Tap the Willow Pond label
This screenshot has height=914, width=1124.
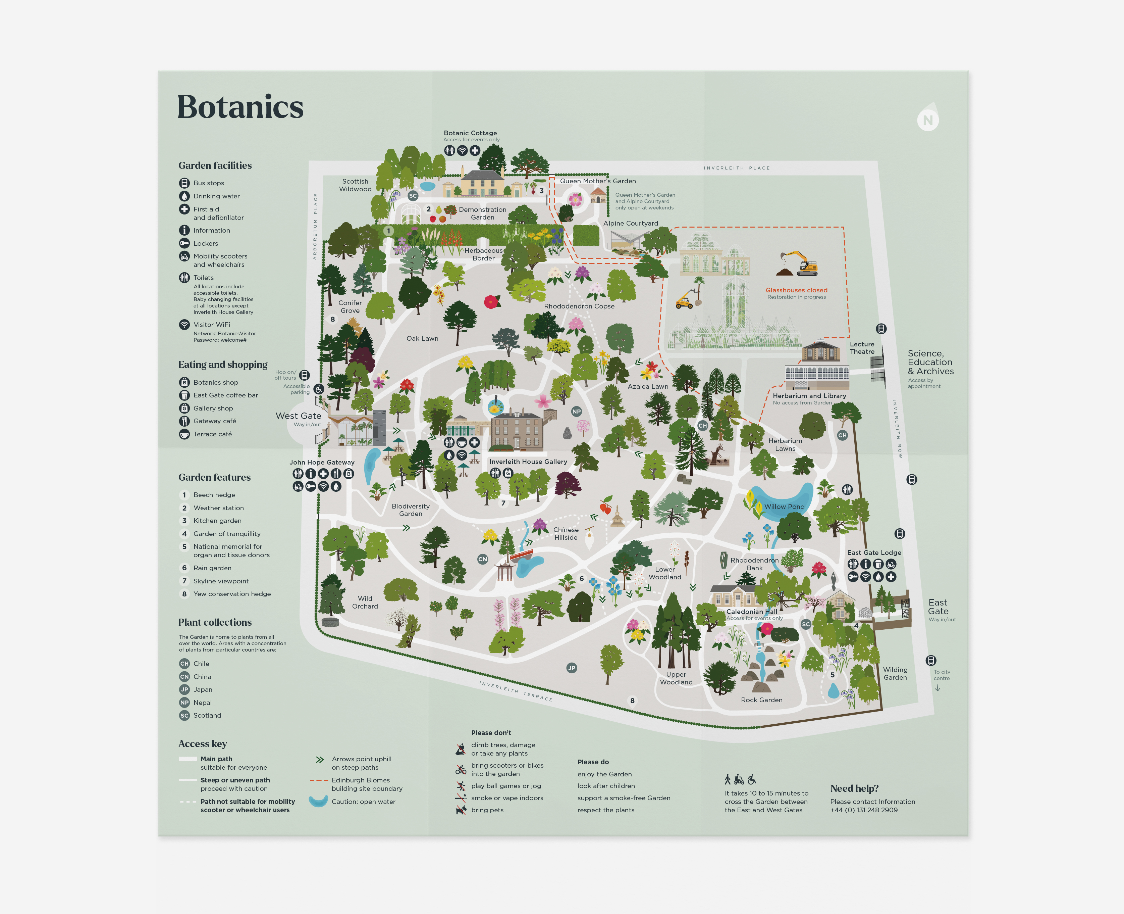(784, 507)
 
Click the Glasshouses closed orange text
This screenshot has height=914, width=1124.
(796, 290)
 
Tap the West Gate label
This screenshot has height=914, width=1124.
(299, 416)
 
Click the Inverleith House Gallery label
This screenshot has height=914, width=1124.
(528, 462)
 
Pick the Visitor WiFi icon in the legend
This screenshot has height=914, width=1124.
(184, 324)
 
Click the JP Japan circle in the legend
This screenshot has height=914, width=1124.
(184, 689)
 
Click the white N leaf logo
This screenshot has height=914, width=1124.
(928, 118)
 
